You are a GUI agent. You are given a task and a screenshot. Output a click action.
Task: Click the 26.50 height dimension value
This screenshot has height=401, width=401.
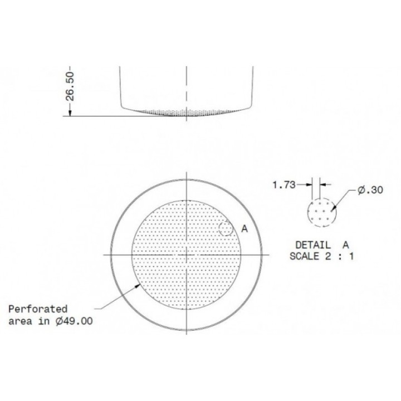70,86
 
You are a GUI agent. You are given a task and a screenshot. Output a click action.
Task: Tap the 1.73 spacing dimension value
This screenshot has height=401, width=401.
284,184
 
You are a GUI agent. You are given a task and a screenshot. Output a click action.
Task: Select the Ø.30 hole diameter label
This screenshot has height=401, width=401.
370,190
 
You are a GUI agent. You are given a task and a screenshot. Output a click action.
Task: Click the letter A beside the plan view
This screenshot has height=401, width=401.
244,229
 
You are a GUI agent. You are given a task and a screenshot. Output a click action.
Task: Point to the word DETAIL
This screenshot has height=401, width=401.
313,245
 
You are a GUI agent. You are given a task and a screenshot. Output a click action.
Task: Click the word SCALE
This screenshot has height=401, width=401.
304,256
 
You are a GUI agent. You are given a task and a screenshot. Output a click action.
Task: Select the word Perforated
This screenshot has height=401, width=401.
38,310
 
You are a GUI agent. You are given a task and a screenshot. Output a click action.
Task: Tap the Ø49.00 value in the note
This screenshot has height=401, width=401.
74,321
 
